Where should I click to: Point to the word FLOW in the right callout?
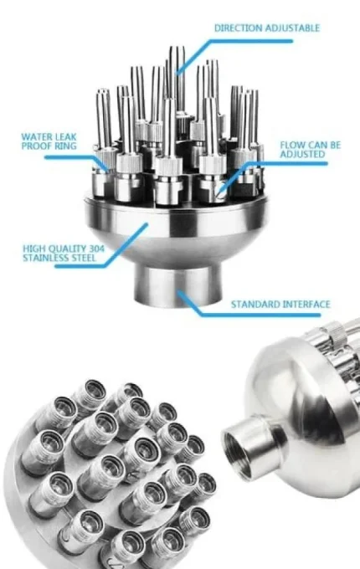point(292,145)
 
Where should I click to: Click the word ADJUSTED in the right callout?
point(302,154)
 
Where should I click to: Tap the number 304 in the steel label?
point(96,249)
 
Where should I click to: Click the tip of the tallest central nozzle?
point(177,47)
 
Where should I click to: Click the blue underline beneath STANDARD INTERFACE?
point(260,315)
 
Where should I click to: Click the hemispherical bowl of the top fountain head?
point(177,233)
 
